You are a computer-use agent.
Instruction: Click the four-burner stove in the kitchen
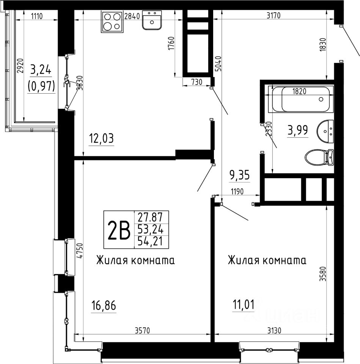click(113, 22)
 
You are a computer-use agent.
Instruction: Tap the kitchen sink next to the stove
click(152, 20)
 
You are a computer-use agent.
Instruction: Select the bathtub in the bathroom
click(301, 99)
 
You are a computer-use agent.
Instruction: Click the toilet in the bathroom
click(319, 157)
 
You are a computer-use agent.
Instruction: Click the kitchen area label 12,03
click(102, 139)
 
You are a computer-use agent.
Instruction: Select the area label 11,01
click(244, 304)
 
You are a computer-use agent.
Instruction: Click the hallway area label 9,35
click(240, 175)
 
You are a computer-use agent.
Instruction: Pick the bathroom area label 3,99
click(298, 130)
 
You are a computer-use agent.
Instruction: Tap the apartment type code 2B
click(119, 229)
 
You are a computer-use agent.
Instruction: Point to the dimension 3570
click(142, 330)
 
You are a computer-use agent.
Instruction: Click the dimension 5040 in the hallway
click(219, 63)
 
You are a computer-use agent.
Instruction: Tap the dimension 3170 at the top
click(274, 16)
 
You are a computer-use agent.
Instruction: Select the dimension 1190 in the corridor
click(237, 191)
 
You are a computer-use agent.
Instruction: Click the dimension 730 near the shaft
click(197, 82)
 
